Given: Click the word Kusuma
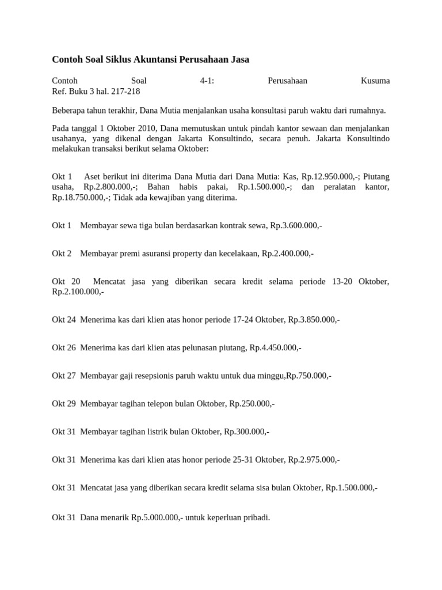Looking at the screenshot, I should pos(375,81).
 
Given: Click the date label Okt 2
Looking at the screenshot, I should pos(62,254).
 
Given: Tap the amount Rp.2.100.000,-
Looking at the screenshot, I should pos(78,292).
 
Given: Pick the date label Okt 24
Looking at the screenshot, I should pos(64,319).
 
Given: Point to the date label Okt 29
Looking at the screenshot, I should pos(64,404).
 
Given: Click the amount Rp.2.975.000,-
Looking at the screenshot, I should pos(314,460).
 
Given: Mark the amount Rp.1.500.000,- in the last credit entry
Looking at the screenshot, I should pos(351,488).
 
